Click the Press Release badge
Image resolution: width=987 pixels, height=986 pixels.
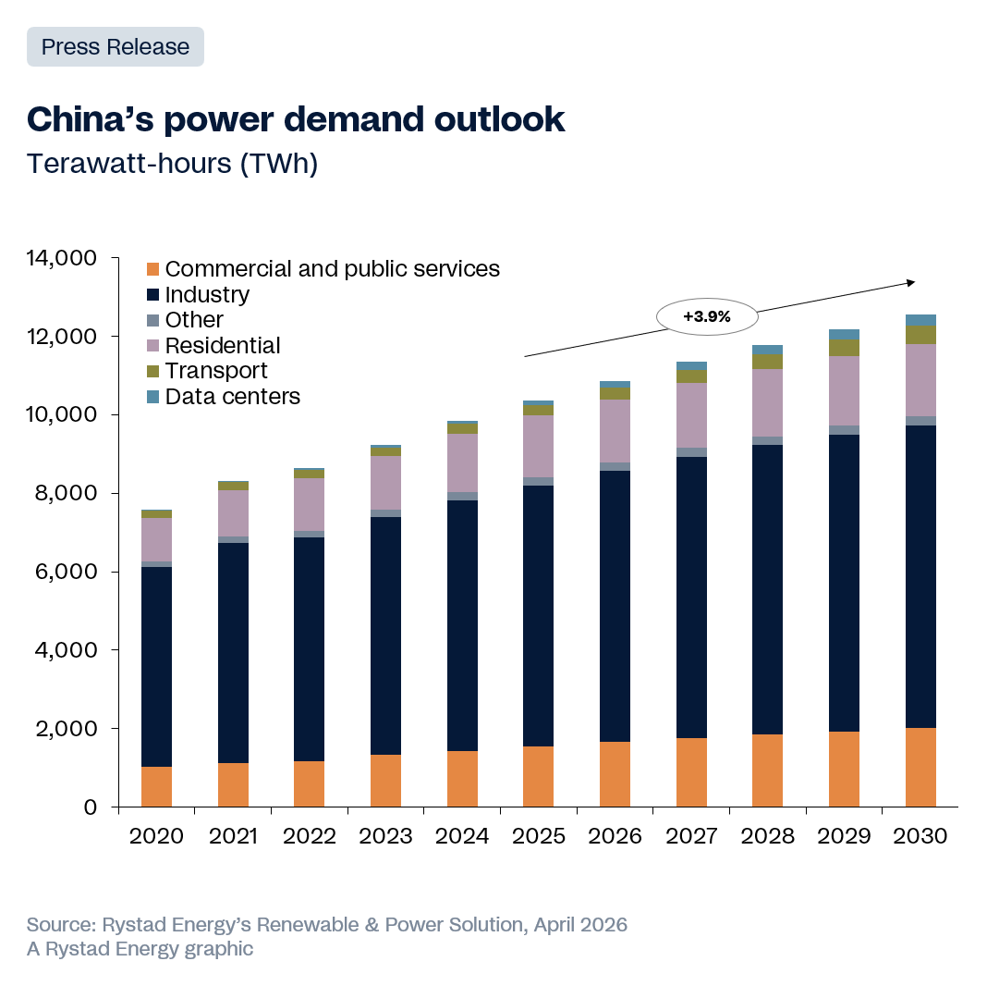click(x=116, y=47)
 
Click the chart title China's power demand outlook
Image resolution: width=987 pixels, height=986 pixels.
click(x=296, y=118)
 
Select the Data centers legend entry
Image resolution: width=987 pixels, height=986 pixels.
click(x=232, y=397)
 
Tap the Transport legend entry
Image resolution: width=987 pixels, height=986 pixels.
click(x=215, y=371)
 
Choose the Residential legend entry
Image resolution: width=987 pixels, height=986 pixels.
click(x=222, y=346)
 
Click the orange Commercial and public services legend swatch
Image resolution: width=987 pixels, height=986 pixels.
click(x=153, y=269)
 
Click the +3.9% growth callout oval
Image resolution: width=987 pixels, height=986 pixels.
click(x=707, y=316)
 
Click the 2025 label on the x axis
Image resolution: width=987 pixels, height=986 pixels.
click(x=538, y=836)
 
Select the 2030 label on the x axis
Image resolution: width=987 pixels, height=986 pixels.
click(x=920, y=836)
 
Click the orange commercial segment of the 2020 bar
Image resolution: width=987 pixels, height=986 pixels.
click(x=156, y=787)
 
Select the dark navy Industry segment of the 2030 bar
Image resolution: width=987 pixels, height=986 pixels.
click(x=920, y=573)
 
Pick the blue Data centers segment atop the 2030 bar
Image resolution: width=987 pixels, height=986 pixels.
click(x=920, y=319)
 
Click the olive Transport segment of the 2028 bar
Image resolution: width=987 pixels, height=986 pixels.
click(x=767, y=362)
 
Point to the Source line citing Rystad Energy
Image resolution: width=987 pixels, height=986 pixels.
click(x=327, y=924)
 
